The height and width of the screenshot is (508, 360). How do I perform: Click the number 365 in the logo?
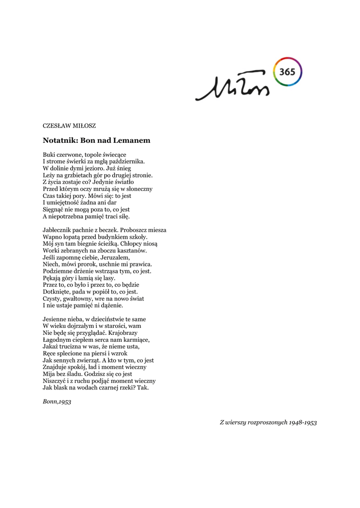pos(288,72)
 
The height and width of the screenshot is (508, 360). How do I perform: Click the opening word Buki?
pos(50,154)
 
